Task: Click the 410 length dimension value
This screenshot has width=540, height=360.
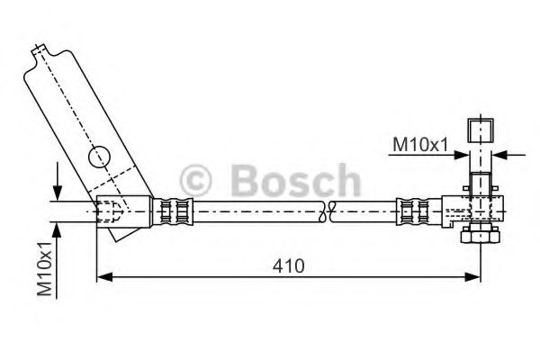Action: (x=290, y=266)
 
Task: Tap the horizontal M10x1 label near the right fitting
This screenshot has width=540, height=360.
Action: (x=418, y=142)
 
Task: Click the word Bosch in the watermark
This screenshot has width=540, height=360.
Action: (x=295, y=179)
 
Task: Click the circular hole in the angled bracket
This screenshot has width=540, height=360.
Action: (x=98, y=158)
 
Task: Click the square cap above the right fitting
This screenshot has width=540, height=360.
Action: (x=479, y=130)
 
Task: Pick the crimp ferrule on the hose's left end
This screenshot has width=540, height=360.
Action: (x=175, y=211)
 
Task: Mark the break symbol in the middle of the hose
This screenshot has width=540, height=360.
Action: (x=328, y=212)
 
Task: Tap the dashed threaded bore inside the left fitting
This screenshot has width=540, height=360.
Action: (x=109, y=211)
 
